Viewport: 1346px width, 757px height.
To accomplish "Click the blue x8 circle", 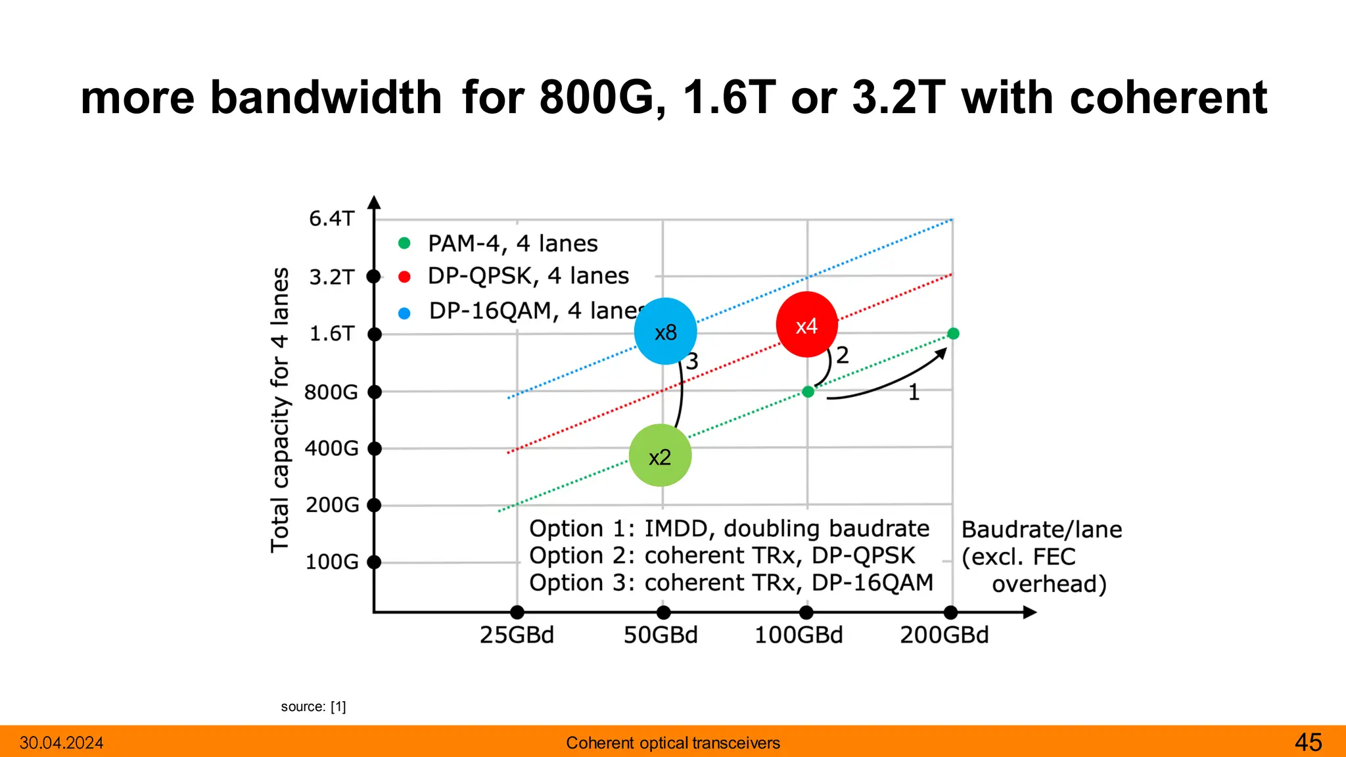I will click(x=665, y=331).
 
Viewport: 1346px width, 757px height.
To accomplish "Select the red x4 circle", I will click(x=806, y=325).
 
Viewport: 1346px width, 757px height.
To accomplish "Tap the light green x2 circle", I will click(x=660, y=455).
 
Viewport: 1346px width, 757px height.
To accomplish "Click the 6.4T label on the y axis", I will click(x=332, y=218).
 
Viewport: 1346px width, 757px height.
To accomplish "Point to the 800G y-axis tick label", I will click(x=331, y=392).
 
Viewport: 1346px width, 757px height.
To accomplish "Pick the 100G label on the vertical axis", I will click(x=332, y=562).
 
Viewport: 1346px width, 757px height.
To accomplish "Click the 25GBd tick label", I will click(x=517, y=635).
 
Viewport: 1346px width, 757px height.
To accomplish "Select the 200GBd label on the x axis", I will click(x=944, y=635).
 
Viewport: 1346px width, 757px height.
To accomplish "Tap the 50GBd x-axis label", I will click(x=661, y=635).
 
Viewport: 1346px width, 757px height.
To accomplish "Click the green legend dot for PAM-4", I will click(x=404, y=244).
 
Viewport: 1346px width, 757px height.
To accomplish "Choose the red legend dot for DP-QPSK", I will click(x=404, y=277).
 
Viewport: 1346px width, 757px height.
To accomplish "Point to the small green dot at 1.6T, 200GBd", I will click(x=953, y=334).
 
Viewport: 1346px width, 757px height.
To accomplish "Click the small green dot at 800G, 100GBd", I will click(x=808, y=392).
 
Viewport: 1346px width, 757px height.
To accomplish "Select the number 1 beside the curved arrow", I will click(x=914, y=393).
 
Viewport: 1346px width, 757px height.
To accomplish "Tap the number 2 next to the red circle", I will click(x=843, y=356).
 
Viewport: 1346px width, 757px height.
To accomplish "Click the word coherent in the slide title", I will click(x=1168, y=97).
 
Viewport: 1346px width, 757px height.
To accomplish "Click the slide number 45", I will click(x=1308, y=743).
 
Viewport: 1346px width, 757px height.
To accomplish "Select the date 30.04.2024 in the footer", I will click(x=62, y=743).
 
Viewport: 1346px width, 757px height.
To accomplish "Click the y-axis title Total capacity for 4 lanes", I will click(x=280, y=409).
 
